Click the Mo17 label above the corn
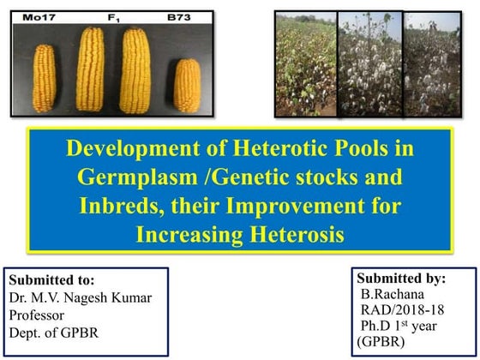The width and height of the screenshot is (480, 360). [x=41, y=15]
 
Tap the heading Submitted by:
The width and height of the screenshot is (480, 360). [x=401, y=278]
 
